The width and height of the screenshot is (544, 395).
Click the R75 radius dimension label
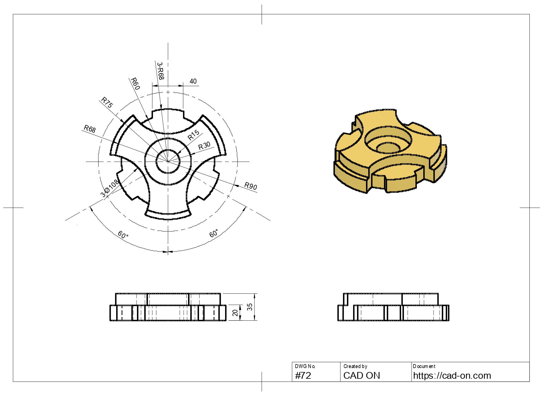pos(107,102)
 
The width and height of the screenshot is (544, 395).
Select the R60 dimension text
pos(135,84)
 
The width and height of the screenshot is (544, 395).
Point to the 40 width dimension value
pos(193,81)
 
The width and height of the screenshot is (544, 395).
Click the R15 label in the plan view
pos(193,135)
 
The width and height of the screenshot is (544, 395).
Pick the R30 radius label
pos(204,146)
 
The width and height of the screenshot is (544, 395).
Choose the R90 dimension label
pos(251,186)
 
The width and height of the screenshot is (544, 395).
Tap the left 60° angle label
pos(123,235)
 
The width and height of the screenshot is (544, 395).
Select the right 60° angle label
pos(214,233)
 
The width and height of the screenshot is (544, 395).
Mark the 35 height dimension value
pos(250,307)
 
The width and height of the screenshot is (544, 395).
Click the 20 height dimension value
pos(235,313)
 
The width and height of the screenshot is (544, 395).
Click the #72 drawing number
pos(303,375)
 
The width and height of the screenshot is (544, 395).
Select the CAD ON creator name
pos(362,375)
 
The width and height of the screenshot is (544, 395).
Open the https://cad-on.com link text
pos(452,375)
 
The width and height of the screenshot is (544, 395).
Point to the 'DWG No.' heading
pos(305,366)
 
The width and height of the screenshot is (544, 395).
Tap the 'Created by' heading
pos(355,366)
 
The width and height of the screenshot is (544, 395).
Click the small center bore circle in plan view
pos(168,161)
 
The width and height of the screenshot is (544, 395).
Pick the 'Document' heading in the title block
pos(424,366)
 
